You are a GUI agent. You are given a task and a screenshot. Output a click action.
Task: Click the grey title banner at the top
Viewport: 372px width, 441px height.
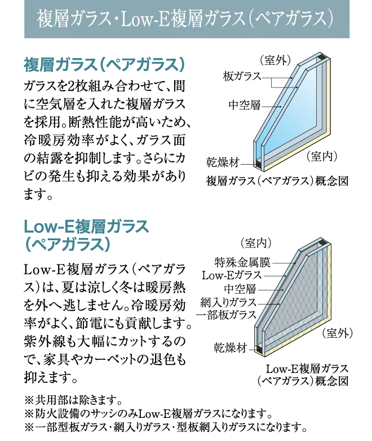point(187,19)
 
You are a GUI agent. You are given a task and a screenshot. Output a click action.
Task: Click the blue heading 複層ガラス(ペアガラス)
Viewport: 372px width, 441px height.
point(105,65)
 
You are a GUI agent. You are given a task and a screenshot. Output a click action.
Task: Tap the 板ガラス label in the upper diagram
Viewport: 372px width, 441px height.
point(242,76)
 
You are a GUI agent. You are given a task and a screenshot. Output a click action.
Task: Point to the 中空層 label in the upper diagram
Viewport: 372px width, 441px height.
point(245,105)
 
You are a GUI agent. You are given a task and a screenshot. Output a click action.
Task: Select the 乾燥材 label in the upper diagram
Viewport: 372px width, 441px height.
point(223,162)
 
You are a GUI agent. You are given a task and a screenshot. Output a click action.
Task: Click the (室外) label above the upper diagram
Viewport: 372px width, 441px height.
point(275,60)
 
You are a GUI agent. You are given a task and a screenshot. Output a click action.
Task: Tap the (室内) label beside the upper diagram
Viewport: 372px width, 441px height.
point(322,156)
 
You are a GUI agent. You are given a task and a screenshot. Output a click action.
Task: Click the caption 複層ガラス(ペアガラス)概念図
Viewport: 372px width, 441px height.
point(277,181)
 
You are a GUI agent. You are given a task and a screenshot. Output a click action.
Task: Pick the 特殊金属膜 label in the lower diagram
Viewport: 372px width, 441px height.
point(242,262)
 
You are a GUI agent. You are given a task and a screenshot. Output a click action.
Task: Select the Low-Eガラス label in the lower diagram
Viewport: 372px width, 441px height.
point(232,275)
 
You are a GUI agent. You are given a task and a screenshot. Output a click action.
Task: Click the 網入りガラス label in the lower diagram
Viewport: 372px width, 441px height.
point(228,302)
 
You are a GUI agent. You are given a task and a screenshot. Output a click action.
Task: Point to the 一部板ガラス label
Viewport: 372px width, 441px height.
point(226,315)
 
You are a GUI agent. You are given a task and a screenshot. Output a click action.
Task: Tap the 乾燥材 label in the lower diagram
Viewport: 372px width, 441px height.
point(231,348)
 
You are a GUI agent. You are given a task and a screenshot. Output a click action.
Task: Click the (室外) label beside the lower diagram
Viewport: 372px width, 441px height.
point(337,333)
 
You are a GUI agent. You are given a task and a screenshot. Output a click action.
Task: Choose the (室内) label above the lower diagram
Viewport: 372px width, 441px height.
point(256,243)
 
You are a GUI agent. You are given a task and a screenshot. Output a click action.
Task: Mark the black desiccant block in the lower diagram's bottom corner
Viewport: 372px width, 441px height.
point(260,350)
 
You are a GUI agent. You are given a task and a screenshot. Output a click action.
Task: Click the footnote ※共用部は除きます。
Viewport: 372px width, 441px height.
point(73,399)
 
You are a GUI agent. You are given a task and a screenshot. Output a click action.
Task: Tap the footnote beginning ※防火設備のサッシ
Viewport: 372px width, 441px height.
point(148,413)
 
